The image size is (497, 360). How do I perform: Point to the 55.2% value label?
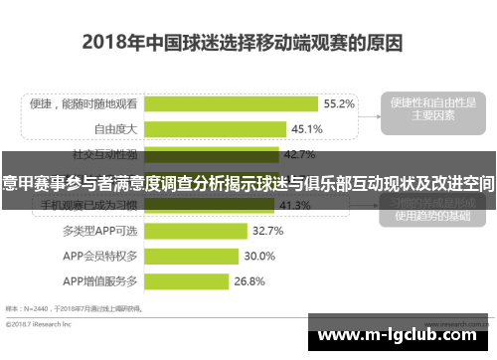(x=338, y=102)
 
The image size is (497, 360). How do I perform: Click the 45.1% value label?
(x=306, y=128)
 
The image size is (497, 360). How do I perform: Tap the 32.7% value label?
(x=267, y=231)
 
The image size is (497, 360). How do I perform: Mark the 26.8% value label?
(x=249, y=281)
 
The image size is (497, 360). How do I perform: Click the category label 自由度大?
(x=116, y=128)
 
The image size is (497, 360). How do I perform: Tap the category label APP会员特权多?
(x=103, y=256)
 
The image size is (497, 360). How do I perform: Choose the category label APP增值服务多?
(x=103, y=281)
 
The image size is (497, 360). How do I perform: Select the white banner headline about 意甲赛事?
(x=248, y=184)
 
